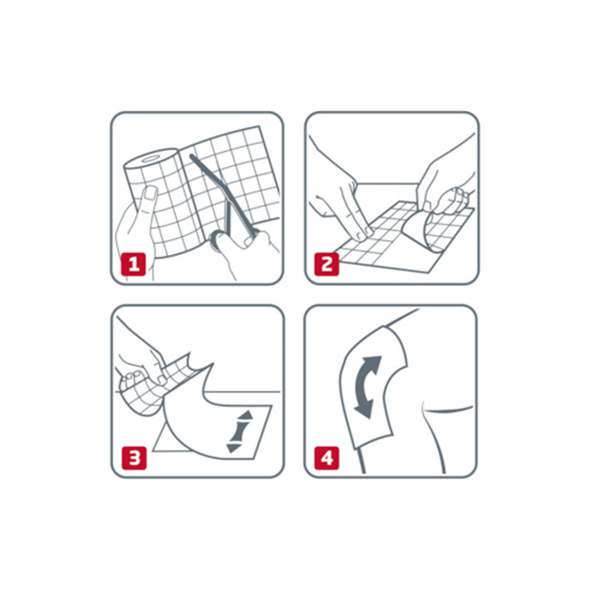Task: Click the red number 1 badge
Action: [133, 264]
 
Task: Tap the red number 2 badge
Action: [327, 264]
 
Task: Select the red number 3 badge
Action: [134, 458]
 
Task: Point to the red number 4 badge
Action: [327, 458]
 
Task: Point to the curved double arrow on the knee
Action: [366, 387]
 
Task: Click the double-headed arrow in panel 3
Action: [239, 432]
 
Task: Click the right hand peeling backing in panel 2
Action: [447, 177]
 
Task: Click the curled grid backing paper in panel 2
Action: [437, 226]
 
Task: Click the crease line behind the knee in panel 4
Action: [448, 409]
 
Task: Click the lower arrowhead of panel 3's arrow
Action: [233, 448]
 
